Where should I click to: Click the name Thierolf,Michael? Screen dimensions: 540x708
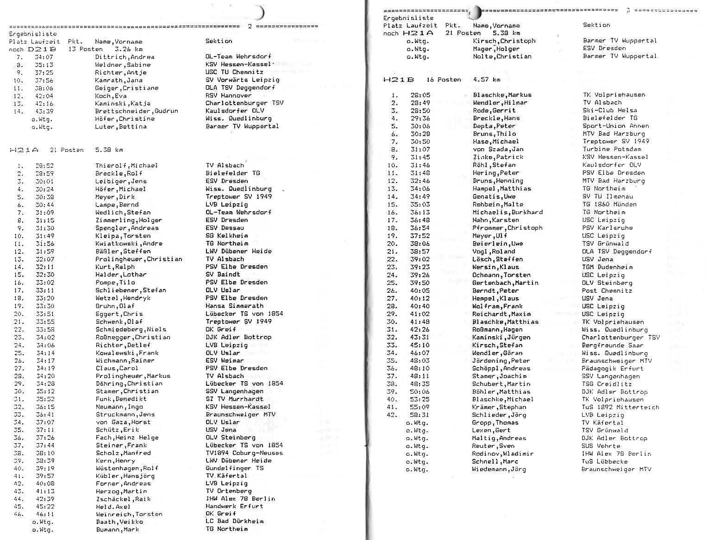point(126,165)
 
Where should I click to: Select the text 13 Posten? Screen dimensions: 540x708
point(85,49)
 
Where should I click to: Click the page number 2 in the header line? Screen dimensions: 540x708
point(250,26)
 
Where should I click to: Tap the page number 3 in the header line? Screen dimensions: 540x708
point(628,10)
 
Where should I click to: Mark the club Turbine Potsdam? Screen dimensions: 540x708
point(612,149)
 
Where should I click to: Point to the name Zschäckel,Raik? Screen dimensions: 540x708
point(123,499)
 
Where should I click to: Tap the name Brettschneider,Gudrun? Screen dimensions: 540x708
point(136,111)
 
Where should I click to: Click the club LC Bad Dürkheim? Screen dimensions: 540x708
point(234,521)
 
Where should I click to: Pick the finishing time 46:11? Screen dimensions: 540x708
point(44,514)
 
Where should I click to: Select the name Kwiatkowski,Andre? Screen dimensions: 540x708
point(129,244)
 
